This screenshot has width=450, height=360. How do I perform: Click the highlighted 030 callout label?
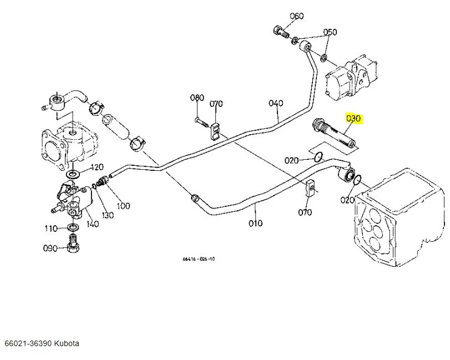coord(353,118)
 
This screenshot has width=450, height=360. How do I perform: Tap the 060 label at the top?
coord(297,16)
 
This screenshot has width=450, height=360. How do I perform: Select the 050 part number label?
coord(330,32)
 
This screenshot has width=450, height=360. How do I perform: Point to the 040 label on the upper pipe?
coord(276,103)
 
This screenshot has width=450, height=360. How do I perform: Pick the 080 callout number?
coord(197,98)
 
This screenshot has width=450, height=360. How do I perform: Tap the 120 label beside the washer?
coord(97,167)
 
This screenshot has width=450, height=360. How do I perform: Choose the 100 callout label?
coord(123,206)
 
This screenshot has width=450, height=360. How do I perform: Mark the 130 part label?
coord(108,215)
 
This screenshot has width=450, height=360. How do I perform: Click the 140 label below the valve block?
coord(92,224)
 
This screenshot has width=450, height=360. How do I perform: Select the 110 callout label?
coord(52,228)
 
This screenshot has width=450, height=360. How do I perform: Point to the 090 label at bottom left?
coord(50,248)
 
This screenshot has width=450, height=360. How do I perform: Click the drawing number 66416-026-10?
coord(198,259)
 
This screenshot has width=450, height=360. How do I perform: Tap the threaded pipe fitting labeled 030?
coord(335,134)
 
